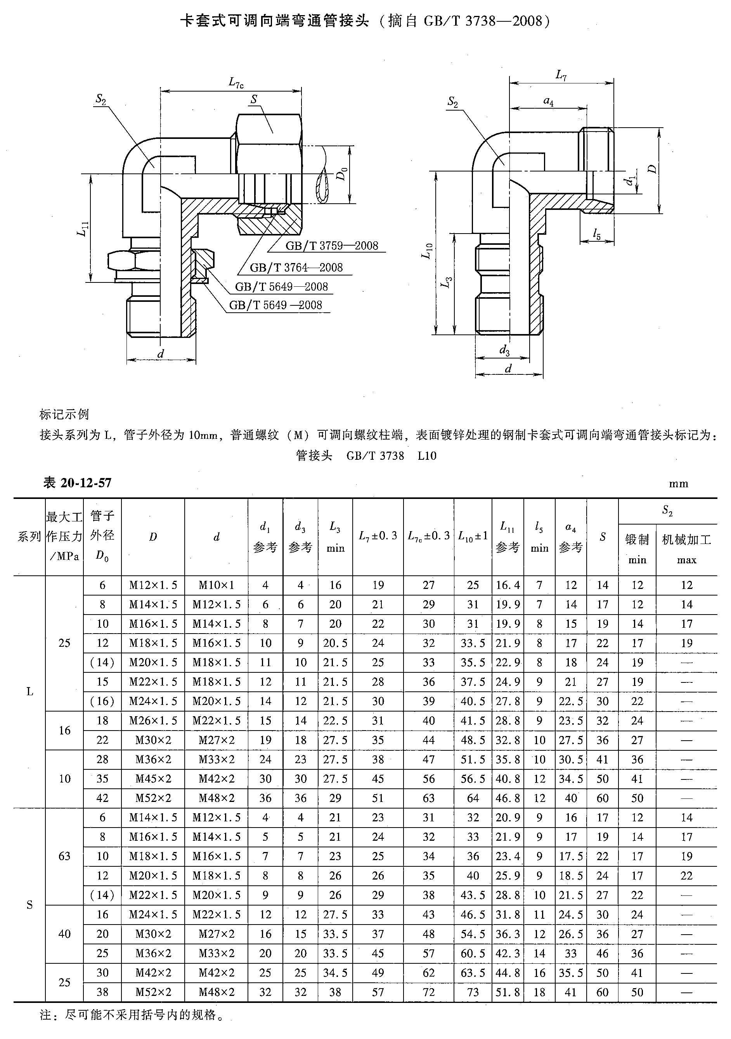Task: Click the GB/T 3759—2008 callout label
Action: point(331,245)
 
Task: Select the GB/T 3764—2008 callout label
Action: point(296,267)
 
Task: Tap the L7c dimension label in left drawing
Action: point(236,82)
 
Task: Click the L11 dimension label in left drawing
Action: point(82,229)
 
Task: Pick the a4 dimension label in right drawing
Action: point(548,101)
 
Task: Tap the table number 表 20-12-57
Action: point(77,483)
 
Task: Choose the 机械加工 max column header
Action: point(686,549)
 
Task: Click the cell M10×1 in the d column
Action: point(217,585)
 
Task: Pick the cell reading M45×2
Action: point(153,778)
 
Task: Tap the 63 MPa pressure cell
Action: point(64,856)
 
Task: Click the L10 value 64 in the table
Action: point(473,798)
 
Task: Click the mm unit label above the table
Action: point(679,484)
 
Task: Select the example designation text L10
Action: point(427,456)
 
